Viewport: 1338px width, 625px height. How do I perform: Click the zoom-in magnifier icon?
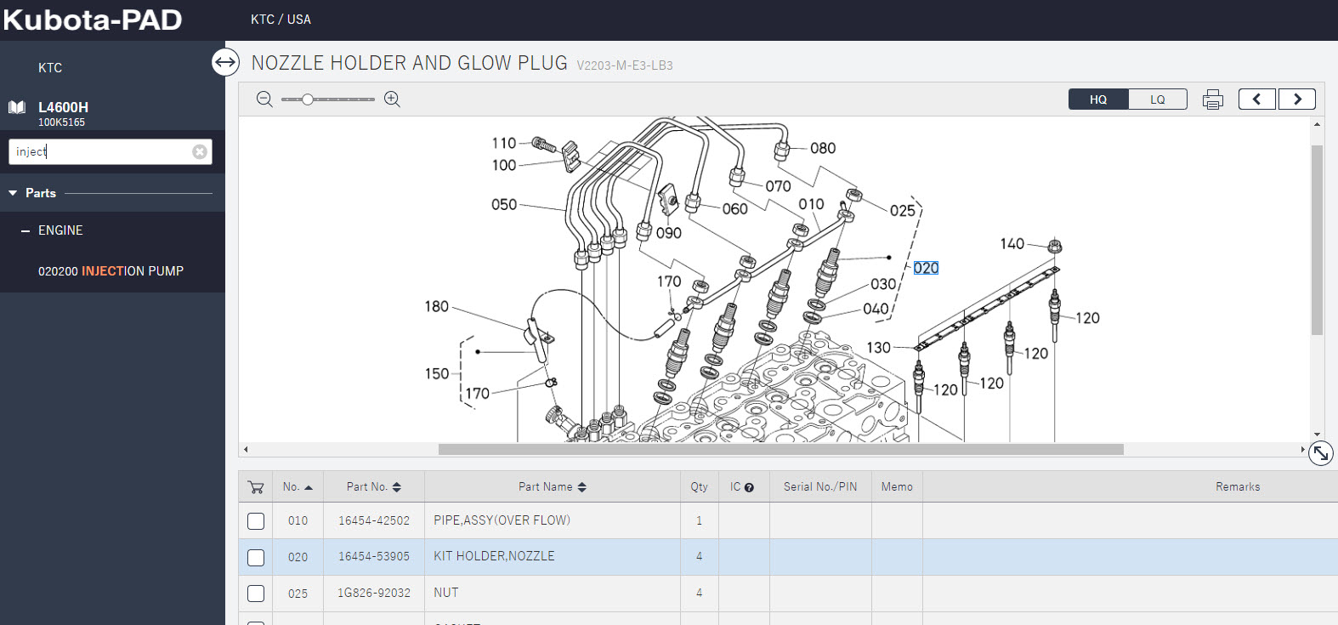click(x=392, y=99)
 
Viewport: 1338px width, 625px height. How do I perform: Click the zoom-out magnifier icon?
click(x=264, y=99)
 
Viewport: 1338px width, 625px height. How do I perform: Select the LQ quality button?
click(x=1158, y=99)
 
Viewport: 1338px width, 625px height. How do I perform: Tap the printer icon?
click(x=1212, y=99)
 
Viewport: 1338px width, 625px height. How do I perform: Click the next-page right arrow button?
click(x=1297, y=99)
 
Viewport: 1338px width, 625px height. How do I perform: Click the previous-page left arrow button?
click(x=1257, y=99)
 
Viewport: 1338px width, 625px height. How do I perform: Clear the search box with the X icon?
click(x=200, y=151)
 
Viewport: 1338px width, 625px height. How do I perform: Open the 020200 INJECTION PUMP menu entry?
click(x=111, y=271)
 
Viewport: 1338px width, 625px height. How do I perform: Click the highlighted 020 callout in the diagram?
click(x=926, y=268)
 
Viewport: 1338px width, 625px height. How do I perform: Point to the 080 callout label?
click(x=823, y=148)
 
